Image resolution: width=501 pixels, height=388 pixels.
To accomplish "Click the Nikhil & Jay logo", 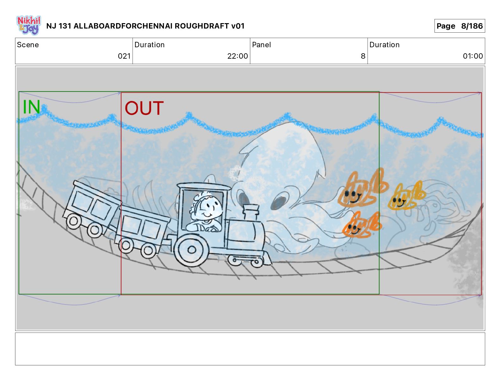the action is pyautogui.click(x=29, y=25).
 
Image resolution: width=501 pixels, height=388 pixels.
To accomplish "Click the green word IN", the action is pyautogui.click(x=32, y=107).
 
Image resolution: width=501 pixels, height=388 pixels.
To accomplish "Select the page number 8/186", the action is pyautogui.click(x=472, y=26).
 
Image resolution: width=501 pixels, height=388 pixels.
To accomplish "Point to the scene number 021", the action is pyautogui.click(x=124, y=56).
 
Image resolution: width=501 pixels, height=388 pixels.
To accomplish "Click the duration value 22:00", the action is pyautogui.click(x=238, y=56).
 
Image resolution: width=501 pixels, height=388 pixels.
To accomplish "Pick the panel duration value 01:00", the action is pyautogui.click(x=473, y=56).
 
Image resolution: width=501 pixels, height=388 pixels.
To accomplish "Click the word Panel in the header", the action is pyautogui.click(x=261, y=45).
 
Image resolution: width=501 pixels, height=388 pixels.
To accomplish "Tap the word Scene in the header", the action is pyautogui.click(x=28, y=45).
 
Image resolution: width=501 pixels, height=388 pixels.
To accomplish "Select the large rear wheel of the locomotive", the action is pyautogui.click(x=191, y=249).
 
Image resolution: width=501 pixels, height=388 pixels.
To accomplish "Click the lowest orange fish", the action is pyautogui.click(x=362, y=225).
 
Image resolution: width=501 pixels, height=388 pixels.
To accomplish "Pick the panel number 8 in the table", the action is pyautogui.click(x=363, y=56).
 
